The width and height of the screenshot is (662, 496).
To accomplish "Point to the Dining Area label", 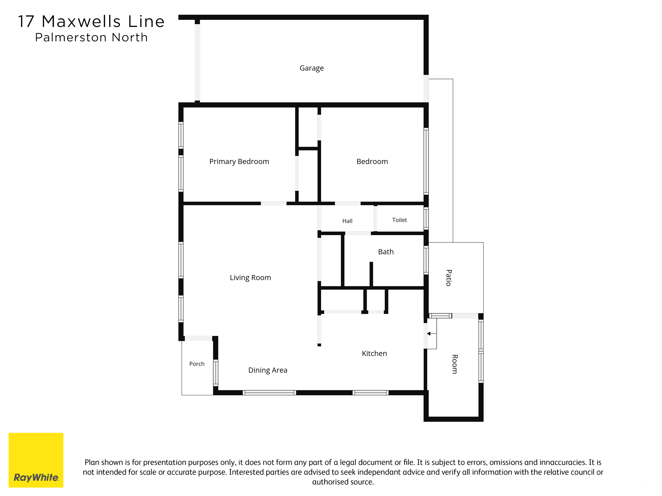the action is (268, 370).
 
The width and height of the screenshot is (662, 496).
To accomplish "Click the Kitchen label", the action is (374, 353).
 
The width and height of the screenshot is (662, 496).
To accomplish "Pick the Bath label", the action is (386, 252).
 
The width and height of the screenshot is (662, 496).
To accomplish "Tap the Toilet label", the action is (400, 220).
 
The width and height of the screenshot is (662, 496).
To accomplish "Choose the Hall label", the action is (347, 221).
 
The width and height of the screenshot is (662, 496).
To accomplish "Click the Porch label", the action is (197, 364).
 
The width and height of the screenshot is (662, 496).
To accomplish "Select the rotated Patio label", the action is (449, 278).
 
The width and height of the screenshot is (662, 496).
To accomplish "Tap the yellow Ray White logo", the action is (36, 460).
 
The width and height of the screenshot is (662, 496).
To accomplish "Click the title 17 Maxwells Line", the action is (91, 21).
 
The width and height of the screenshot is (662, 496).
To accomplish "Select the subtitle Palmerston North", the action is (91, 37).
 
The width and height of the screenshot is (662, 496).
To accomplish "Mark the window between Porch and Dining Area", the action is (215, 373).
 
